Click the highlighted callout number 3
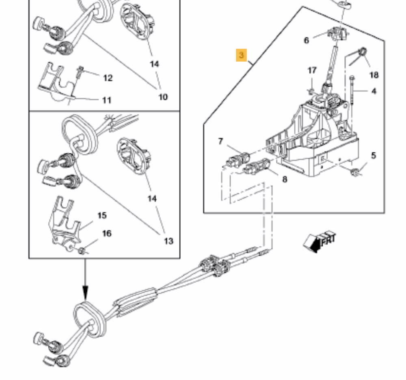pyautogui.click(x=242, y=55)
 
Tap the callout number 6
pyautogui.click(x=307, y=40)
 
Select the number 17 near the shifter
pyautogui.click(x=312, y=71)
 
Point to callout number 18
pyautogui.click(x=374, y=75)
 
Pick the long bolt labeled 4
pyautogui.click(x=352, y=91)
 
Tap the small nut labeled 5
pyautogui.click(x=355, y=173)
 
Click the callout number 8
pyautogui.click(x=284, y=179)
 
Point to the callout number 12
pyautogui.click(x=108, y=78)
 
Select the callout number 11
pyautogui.click(x=106, y=100)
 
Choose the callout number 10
pyautogui.click(x=162, y=97)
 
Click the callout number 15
pyautogui.click(x=101, y=215)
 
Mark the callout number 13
pyautogui.click(x=168, y=241)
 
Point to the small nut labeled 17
pyautogui.click(x=311, y=91)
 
